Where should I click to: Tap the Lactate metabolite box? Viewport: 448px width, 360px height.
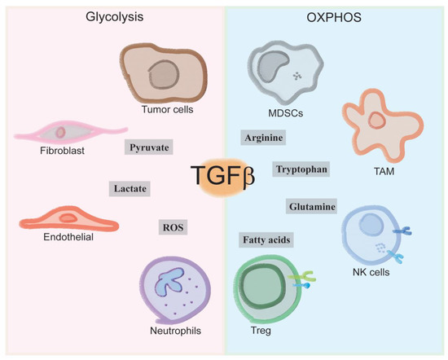[130, 188]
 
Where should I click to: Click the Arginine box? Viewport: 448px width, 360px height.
[263, 138]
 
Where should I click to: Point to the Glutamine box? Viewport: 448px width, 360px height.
[312, 207]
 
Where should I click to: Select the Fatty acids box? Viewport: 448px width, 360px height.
[266, 240]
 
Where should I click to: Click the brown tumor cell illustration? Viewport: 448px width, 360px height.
[160, 74]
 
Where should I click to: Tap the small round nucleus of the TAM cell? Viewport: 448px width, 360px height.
[376, 121]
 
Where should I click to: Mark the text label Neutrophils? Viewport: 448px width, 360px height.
[174, 331]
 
